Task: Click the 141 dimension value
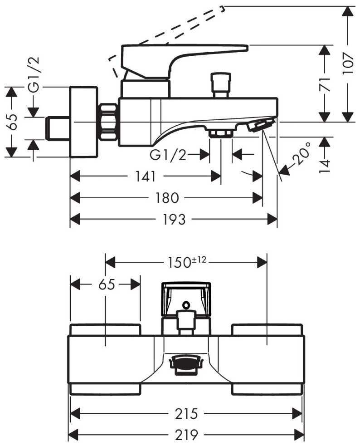point(145,176)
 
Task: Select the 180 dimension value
point(167,198)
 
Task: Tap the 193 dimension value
point(174,220)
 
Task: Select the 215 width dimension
point(186,414)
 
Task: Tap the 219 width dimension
point(186,435)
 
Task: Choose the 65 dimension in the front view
point(105,284)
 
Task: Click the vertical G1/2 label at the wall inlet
point(34,75)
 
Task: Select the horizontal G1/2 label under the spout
point(168,155)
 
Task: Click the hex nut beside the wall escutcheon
point(108,122)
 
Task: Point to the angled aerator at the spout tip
point(261,124)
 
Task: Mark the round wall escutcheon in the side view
point(84,122)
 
